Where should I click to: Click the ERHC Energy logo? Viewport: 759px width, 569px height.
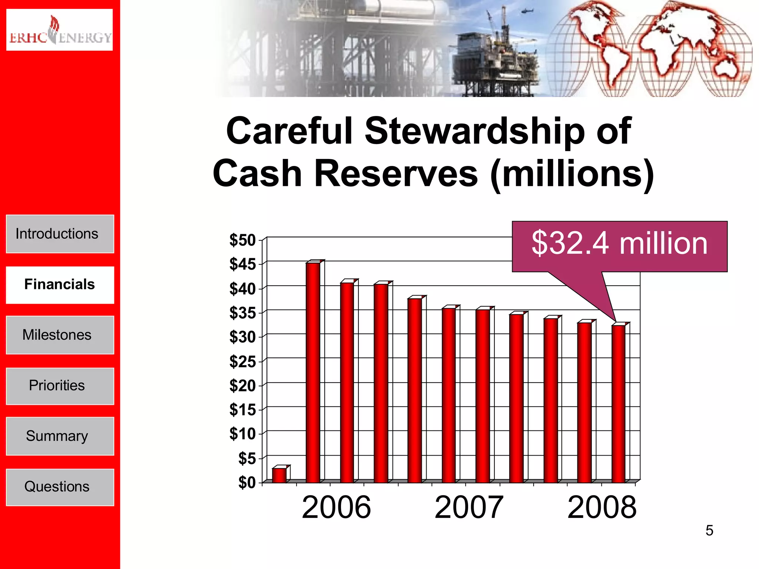pyautogui.click(x=59, y=30)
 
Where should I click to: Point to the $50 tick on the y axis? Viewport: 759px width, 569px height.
pyautogui.click(x=242, y=240)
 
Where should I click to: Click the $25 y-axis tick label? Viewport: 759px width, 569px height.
pyautogui.click(x=242, y=361)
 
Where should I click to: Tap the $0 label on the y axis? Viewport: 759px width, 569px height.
pyautogui.click(x=247, y=482)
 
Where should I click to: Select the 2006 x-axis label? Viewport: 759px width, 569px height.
pyautogui.click(x=336, y=507)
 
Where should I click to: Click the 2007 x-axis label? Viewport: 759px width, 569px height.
pyautogui.click(x=469, y=507)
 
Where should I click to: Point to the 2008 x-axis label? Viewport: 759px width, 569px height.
pyautogui.click(x=602, y=507)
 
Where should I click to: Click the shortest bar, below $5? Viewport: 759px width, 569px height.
pyautogui.click(x=279, y=475)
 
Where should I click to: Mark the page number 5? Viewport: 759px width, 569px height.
pyautogui.click(x=709, y=530)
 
